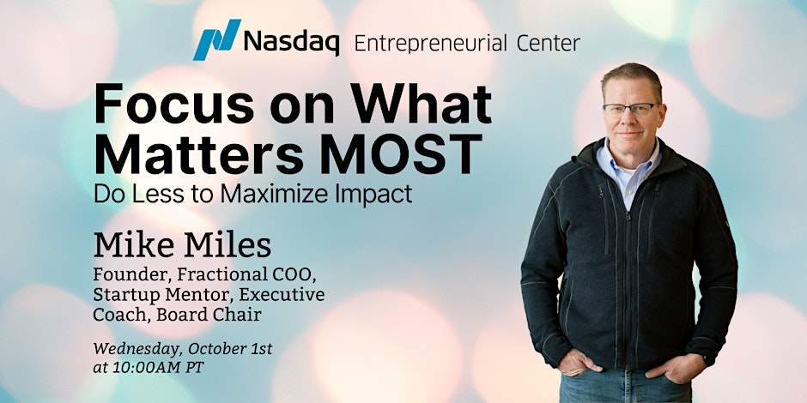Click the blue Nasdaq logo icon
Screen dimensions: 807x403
tap(216, 39)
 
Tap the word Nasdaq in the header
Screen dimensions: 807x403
tap(291, 41)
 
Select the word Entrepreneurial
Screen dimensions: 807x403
tap(431, 44)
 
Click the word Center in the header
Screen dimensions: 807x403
tap(548, 43)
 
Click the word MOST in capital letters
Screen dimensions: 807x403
tap(402, 153)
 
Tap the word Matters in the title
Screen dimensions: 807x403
tap(203, 153)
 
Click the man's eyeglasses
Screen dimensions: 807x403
tap(630, 108)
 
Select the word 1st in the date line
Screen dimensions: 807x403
tap(260, 348)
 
